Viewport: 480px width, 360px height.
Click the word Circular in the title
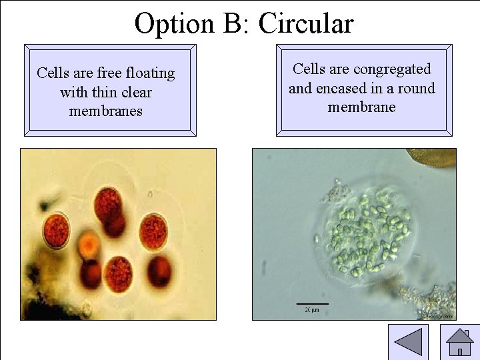tap(306, 23)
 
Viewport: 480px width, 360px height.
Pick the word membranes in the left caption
tap(106, 111)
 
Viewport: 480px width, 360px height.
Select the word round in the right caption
tap(414, 88)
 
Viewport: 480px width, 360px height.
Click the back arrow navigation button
tap(408, 342)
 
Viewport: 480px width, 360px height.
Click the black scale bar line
tap(312, 304)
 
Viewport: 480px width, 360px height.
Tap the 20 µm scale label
tap(312, 310)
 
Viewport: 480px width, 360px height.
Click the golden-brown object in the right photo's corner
tap(436, 157)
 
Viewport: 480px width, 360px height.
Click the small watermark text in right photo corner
tap(440, 316)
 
